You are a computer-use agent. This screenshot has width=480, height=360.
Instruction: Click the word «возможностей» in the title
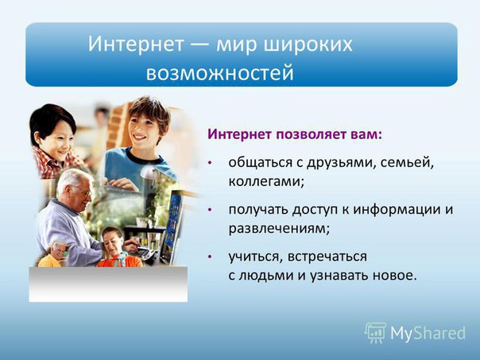click(x=220, y=73)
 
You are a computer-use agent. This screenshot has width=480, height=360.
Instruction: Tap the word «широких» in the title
click(x=308, y=45)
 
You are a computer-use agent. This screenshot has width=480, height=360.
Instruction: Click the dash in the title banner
click(x=200, y=44)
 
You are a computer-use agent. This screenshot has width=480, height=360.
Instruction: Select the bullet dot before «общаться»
click(x=210, y=163)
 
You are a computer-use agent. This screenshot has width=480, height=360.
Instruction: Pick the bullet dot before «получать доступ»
click(x=210, y=210)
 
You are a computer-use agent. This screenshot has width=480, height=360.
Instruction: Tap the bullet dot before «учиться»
click(x=210, y=257)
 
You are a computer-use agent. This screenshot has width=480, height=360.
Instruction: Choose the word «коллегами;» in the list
click(x=267, y=181)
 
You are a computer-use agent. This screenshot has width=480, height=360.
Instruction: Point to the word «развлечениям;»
click(x=279, y=229)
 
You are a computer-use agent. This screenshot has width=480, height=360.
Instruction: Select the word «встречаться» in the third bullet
click(x=327, y=257)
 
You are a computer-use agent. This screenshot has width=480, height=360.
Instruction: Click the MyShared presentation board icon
click(x=376, y=332)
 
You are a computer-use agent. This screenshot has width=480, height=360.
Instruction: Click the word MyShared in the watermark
click(x=428, y=333)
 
